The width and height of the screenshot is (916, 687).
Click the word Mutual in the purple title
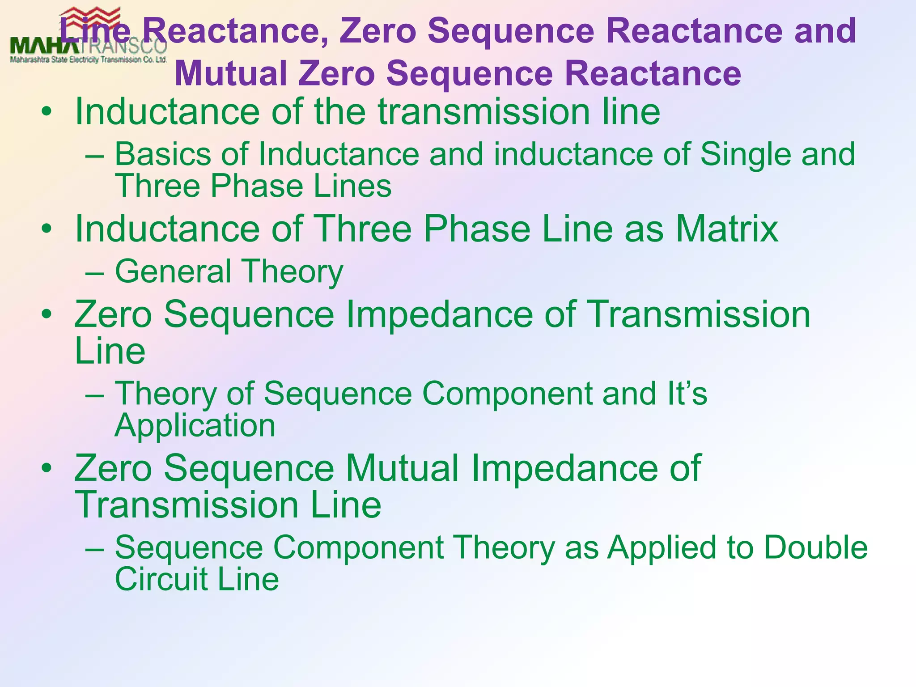pos(231,74)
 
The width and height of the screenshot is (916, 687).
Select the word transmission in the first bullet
pos(483,111)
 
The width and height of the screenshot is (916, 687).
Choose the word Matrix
pos(727,229)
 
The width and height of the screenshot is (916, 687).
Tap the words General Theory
pos(229,271)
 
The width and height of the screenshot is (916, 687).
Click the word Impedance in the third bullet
pos(439,314)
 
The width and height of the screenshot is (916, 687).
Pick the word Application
pos(195,425)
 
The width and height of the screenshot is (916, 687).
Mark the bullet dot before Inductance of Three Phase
pos(46,229)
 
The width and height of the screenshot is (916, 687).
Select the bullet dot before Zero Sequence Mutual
pos(46,469)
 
